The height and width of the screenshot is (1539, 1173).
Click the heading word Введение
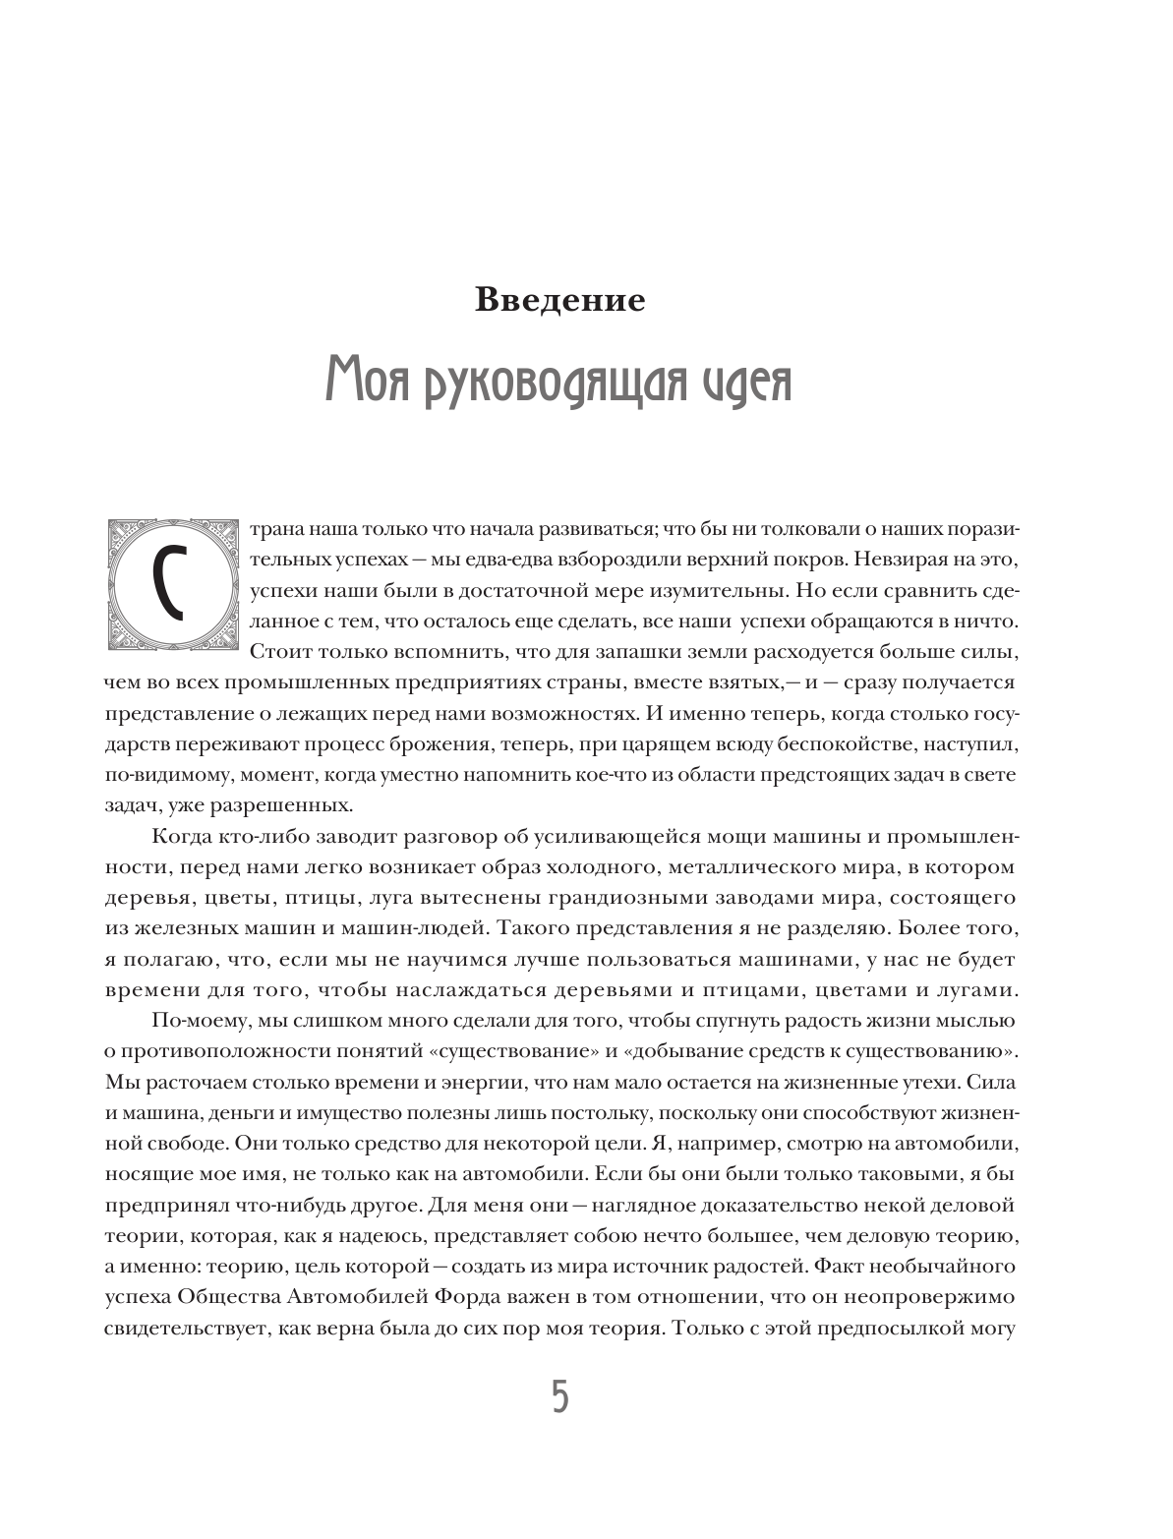[559, 299]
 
